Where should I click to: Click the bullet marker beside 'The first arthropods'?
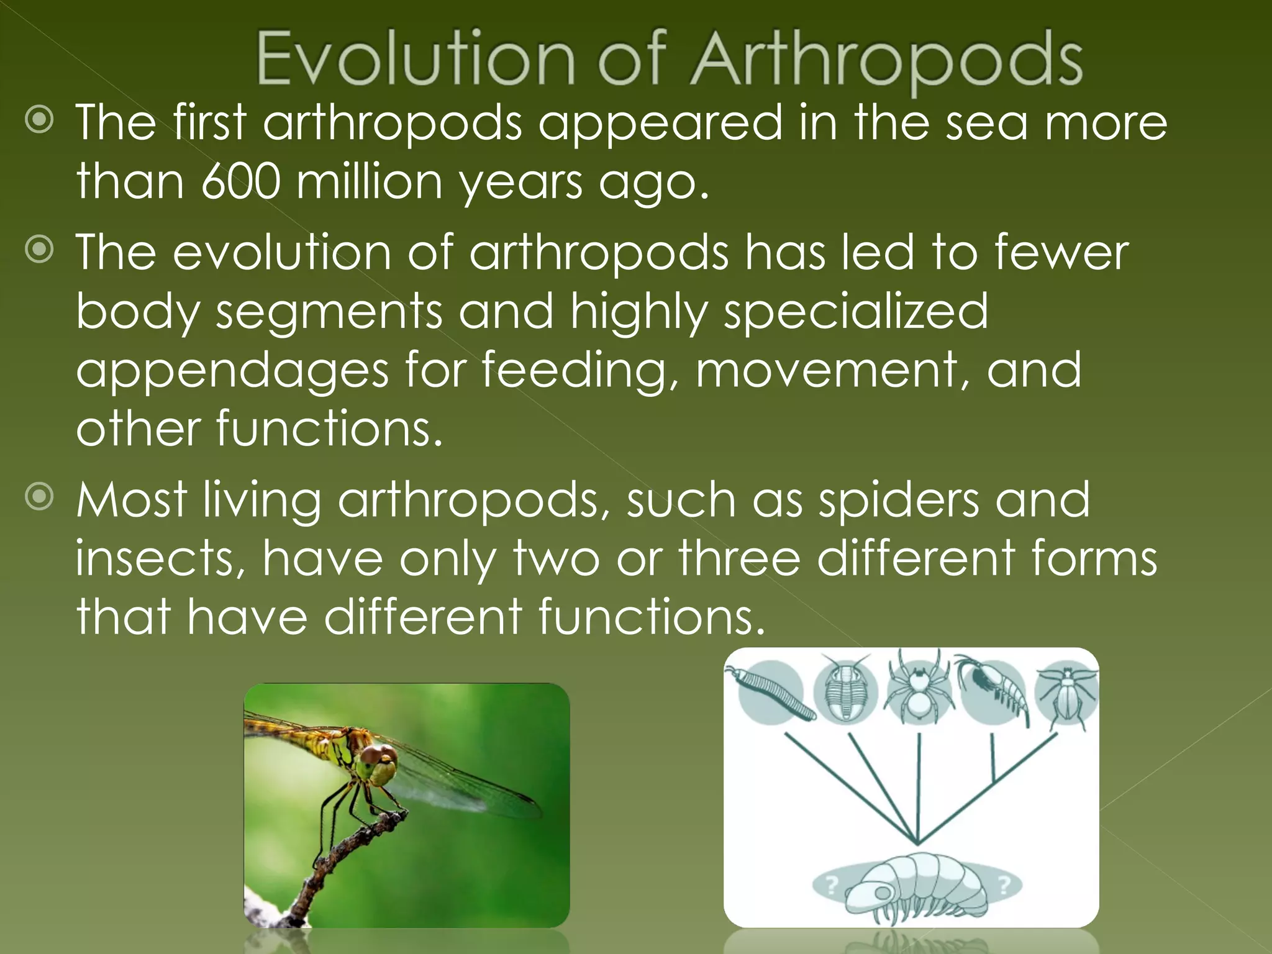click(40, 120)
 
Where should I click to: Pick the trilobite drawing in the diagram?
click(845, 689)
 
